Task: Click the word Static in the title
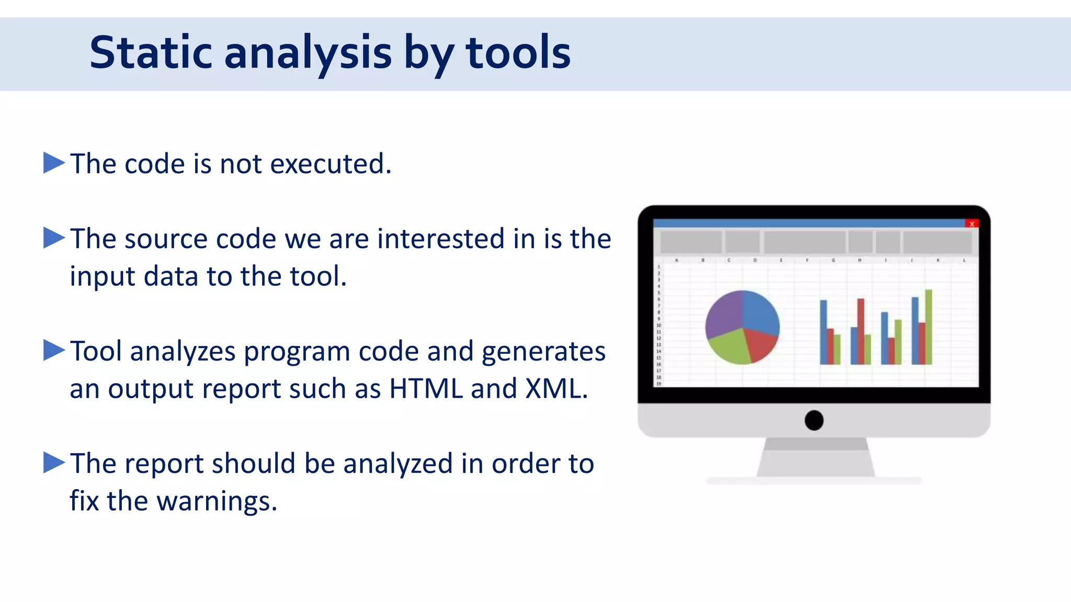[151, 52]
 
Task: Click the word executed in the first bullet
[330, 164]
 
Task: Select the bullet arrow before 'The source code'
[53, 238]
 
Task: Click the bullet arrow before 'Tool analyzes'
[53, 350]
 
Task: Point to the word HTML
[426, 389]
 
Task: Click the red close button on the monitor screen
[971, 224]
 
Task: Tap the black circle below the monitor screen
[814, 420]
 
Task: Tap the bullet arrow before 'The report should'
[53, 462]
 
